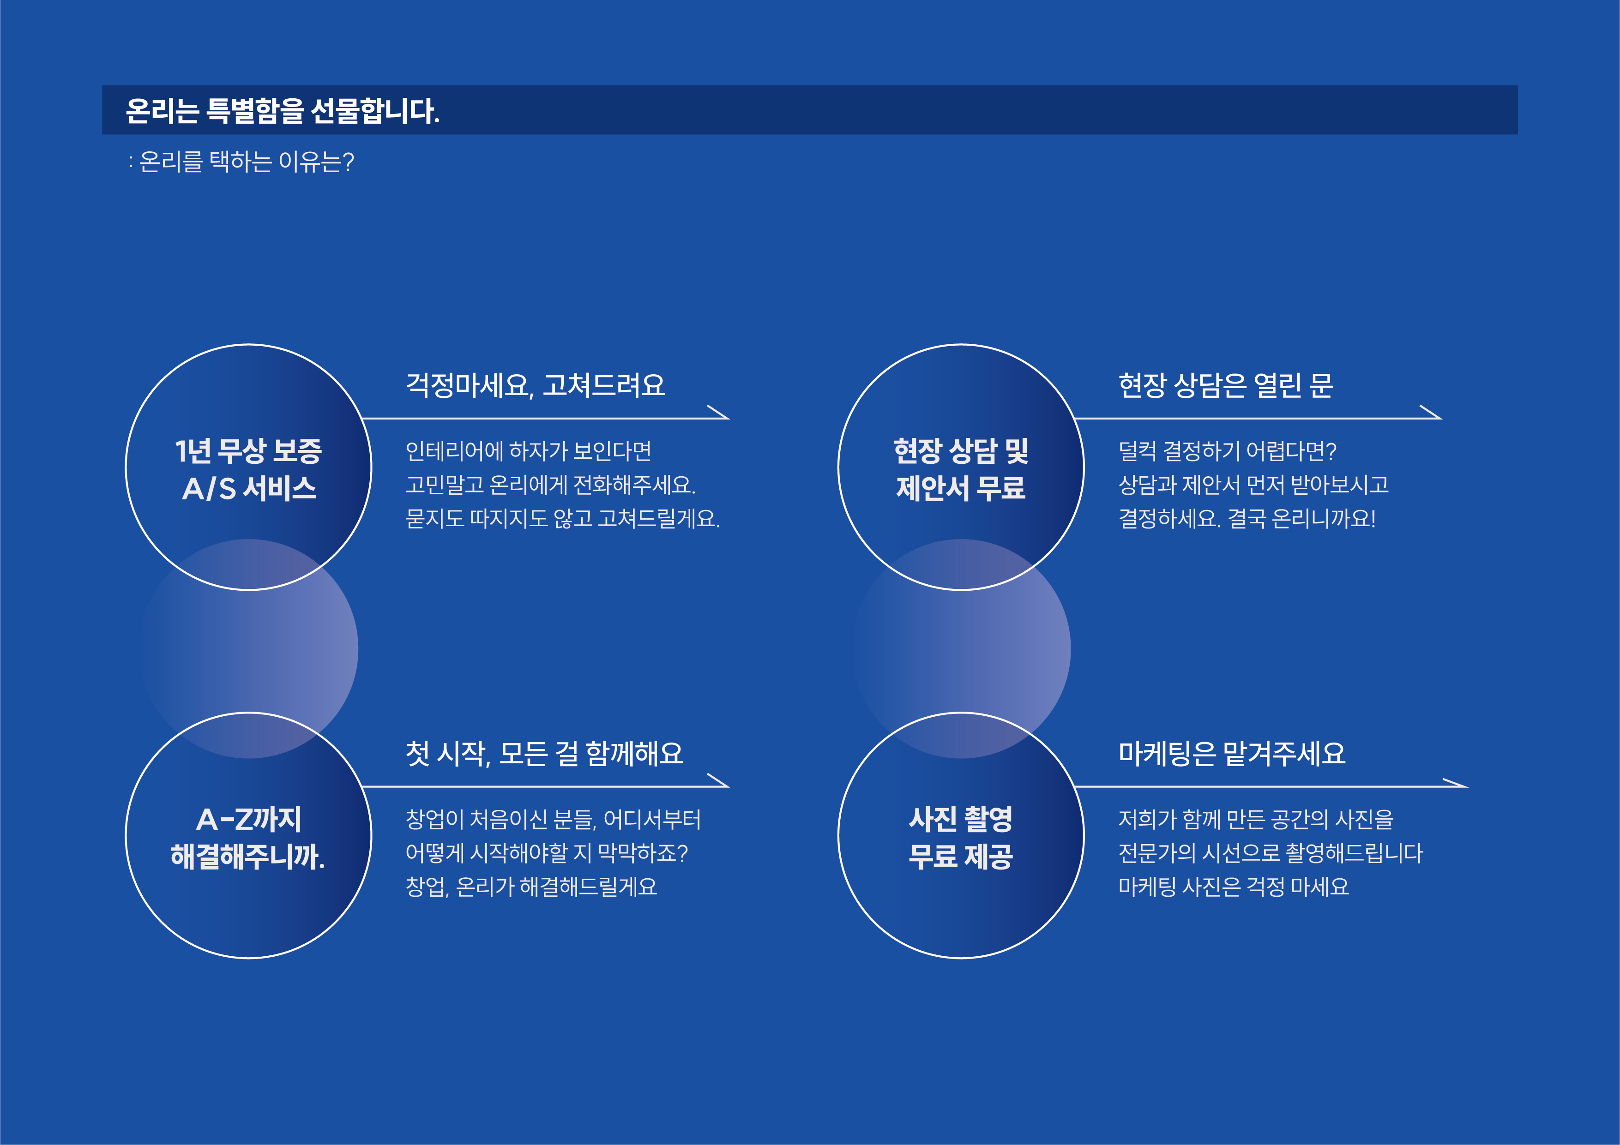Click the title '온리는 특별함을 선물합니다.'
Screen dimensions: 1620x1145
[x=282, y=111]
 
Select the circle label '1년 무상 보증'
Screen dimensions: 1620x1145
[x=248, y=451]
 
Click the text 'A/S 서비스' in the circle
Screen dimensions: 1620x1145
[x=249, y=488]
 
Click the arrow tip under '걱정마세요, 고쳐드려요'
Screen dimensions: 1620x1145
[x=728, y=418]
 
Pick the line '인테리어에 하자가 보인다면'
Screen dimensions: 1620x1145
[x=529, y=451]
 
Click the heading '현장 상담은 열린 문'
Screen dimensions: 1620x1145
[x=1226, y=385]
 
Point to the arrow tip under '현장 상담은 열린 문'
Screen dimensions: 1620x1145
[x=1441, y=418]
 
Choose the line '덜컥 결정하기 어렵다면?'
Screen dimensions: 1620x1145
[x=1228, y=451]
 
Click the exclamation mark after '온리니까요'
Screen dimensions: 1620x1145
[x=1373, y=519]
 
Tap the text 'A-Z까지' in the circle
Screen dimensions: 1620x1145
[x=249, y=820]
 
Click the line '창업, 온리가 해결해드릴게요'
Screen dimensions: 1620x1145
[x=531, y=887]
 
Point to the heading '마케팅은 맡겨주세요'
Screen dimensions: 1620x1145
[x=1232, y=754]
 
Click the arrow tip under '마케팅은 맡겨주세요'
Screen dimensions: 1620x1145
[x=1467, y=786]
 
